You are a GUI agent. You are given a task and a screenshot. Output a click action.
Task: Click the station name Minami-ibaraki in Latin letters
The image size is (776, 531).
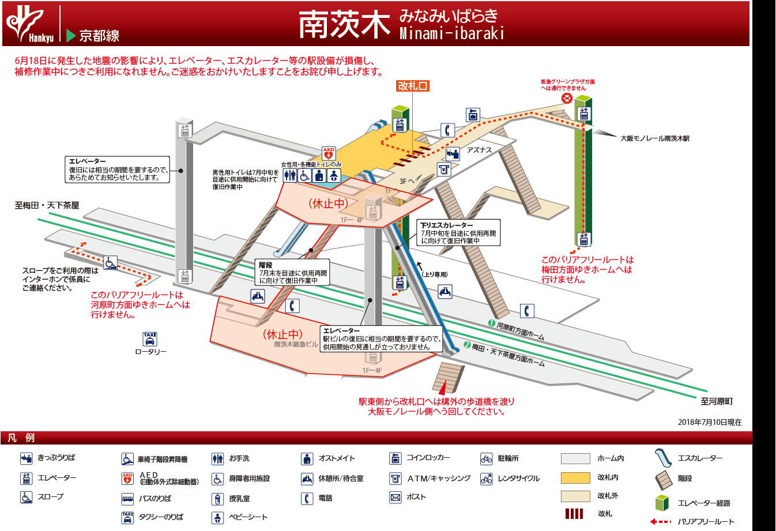coord(452,33)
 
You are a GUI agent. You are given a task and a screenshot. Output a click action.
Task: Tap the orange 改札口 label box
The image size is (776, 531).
coord(413,86)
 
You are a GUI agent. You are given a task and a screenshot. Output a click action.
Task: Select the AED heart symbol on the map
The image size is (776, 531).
coord(329,153)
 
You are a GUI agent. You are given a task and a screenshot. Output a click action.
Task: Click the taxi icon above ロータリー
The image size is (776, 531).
coord(149,338)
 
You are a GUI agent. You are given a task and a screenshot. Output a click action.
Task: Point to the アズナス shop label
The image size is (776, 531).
coord(479,150)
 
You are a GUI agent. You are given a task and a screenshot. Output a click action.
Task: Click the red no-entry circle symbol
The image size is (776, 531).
coord(567,99)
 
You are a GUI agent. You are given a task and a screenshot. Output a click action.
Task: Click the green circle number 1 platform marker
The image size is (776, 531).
coord(492,323)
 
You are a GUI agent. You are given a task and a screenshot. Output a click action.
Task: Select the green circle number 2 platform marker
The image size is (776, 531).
coord(467,345)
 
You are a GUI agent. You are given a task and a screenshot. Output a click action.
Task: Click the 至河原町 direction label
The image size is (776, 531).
coord(717,401)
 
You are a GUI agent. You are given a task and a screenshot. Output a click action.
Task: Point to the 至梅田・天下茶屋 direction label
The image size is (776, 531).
coord(47,205)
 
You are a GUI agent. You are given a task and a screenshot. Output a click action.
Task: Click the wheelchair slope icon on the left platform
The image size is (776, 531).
coord(110,262)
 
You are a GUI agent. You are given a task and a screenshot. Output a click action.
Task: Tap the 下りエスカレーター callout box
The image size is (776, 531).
coord(458,232)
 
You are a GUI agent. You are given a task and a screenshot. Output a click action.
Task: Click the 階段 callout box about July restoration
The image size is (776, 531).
coord(293,273)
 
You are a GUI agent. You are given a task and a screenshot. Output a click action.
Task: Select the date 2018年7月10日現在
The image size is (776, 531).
coord(710,422)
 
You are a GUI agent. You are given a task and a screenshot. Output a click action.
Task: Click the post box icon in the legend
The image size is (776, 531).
coord(395,498)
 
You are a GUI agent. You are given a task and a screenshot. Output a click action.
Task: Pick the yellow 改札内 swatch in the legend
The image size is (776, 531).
coord(575,477)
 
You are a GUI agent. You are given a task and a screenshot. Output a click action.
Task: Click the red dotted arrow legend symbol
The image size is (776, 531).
coord(661,522)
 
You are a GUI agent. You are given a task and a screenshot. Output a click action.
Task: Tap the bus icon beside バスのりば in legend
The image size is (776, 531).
coord(127,499)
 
